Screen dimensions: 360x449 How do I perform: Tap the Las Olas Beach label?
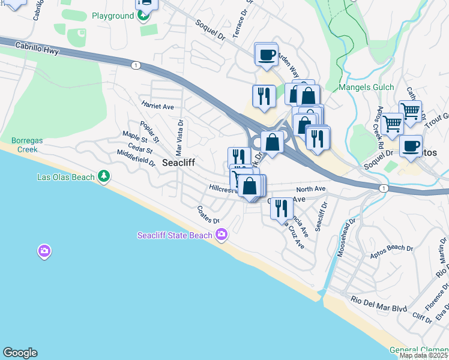coord(66,176)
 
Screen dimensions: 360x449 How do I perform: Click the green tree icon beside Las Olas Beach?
coord(105,176)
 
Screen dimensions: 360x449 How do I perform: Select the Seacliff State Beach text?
coord(175,235)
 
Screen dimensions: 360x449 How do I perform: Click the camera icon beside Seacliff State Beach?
coord(222,234)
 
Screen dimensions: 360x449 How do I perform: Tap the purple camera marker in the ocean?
coord(44,251)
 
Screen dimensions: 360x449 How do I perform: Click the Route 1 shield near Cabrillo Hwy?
coord(136,64)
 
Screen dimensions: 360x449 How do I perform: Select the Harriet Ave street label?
coord(157,106)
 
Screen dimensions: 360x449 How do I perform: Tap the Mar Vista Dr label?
coord(179,134)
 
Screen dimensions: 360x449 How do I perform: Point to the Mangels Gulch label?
coord(366,88)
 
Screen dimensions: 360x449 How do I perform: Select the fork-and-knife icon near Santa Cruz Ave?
coord(281,208)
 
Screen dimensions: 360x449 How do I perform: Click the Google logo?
coord(20,353)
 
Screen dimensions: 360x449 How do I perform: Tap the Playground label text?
coord(112,16)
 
